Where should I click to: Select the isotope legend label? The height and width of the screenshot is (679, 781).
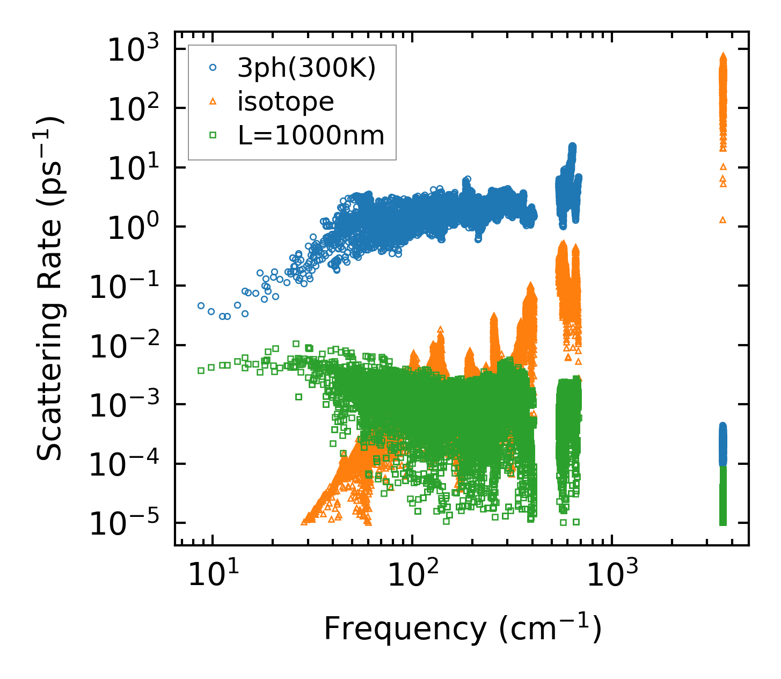[x=286, y=101]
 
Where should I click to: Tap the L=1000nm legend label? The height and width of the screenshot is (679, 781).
[x=311, y=136]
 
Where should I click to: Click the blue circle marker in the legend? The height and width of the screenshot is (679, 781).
[x=213, y=68]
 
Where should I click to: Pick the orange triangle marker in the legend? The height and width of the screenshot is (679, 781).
[x=213, y=101]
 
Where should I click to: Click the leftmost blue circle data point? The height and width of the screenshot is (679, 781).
[x=201, y=305]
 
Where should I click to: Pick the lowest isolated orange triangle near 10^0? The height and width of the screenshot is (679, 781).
[x=722, y=220]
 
